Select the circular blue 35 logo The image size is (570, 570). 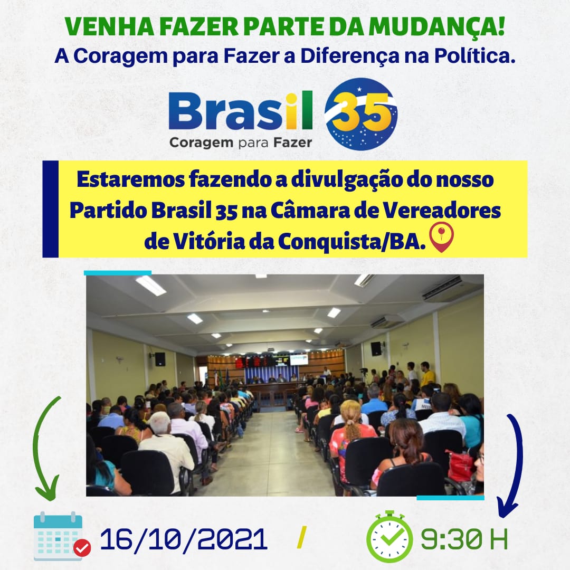pos(360,114)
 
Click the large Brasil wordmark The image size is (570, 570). pos(240,111)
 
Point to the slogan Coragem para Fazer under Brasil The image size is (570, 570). pos(240,142)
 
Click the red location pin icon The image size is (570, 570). pos(441,237)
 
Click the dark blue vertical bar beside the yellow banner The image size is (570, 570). pos(50,209)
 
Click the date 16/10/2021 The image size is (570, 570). pos(184,539)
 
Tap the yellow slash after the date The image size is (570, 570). pos(301,537)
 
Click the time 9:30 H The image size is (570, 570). pos(464,539)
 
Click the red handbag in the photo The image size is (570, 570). pos(460,465)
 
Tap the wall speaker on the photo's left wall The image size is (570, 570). pos(160,359)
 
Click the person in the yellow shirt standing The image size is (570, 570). pos(426,374)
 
